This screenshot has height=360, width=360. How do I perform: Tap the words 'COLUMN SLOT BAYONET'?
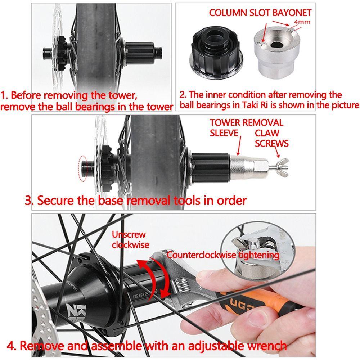point(260,13)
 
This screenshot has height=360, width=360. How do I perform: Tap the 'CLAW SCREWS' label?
point(271,138)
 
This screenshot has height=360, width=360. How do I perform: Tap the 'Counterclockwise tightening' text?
point(223,255)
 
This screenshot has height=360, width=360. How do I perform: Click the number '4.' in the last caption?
point(12,346)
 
